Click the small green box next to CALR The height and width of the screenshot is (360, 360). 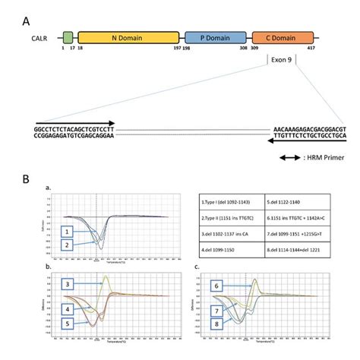pyautogui.click(x=68, y=36)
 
